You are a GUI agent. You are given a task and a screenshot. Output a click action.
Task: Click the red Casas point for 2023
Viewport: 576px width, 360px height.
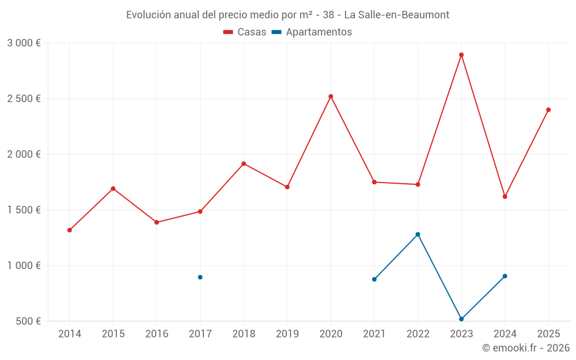pos(461,55)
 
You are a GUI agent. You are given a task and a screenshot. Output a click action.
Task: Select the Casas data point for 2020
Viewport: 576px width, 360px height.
pos(331,96)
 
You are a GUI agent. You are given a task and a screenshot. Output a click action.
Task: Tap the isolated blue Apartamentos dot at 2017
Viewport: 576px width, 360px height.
pos(200,277)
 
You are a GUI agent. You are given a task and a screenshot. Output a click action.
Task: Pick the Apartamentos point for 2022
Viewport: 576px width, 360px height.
pos(418,234)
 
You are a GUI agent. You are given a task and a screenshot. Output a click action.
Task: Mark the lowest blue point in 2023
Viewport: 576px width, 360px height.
pos(461,319)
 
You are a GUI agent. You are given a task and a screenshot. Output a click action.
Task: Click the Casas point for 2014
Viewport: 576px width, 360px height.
pos(70,230)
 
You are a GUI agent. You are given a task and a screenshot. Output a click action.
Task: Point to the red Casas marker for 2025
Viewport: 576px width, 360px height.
pos(548,109)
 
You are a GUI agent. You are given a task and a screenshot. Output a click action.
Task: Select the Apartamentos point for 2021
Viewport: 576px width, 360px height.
pos(374,279)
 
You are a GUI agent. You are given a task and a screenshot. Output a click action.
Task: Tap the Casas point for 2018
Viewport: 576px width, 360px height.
pos(244,164)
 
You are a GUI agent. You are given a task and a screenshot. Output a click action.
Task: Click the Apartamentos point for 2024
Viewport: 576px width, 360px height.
pos(505,276)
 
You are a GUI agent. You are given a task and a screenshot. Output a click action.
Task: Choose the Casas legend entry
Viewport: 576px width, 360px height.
pos(245,32)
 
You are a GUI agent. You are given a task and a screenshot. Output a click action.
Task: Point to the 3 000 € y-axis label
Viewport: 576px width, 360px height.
pos(24,43)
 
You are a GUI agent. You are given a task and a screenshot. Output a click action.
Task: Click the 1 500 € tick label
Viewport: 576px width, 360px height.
pos(24,210)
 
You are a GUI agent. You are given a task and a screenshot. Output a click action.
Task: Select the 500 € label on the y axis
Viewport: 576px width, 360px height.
pos(28,321)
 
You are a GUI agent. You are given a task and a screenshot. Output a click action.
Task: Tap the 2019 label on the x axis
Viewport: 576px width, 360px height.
pos(287,334)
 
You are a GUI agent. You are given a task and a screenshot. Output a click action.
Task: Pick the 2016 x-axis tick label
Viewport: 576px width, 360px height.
pos(157,334)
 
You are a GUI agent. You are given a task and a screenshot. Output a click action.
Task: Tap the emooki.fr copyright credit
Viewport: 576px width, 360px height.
pos(526,348)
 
